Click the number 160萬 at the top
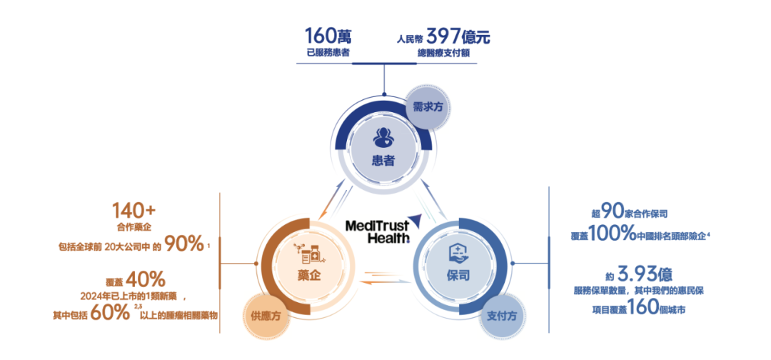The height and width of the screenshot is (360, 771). [x=327, y=36]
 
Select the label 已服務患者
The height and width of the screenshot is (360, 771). [x=327, y=53]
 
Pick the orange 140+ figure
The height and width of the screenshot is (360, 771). [x=134, y=211]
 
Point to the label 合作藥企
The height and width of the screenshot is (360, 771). [x=134, y=229]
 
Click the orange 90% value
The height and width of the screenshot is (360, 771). [x=183, y=244]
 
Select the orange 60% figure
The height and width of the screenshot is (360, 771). [x=111, y=314]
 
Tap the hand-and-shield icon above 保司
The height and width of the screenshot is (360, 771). [x=458, y=252]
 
